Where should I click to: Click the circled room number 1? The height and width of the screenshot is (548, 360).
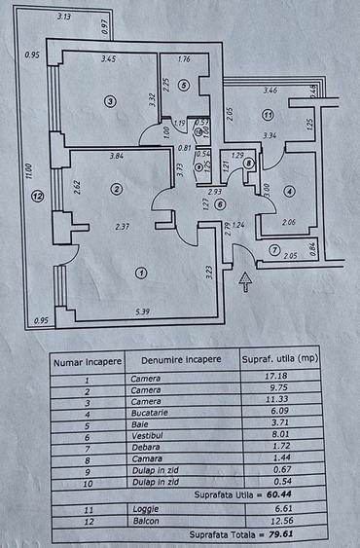(x=141, y=273)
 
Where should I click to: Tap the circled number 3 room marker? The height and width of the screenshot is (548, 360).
(x=111, y=101)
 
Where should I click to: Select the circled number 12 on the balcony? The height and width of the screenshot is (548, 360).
(x=37, y=196)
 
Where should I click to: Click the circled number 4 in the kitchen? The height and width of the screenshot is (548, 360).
(x=289, y=192)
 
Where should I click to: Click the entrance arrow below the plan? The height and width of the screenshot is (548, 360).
(x=245, y=282)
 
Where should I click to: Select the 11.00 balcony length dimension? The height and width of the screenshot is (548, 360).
(x=29, y=173)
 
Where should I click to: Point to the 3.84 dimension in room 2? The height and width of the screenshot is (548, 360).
(x=116, y=157)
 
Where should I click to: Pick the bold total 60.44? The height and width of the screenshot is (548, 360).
(x=289, y=493)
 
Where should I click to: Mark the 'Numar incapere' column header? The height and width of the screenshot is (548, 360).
(x=86, y=360)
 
